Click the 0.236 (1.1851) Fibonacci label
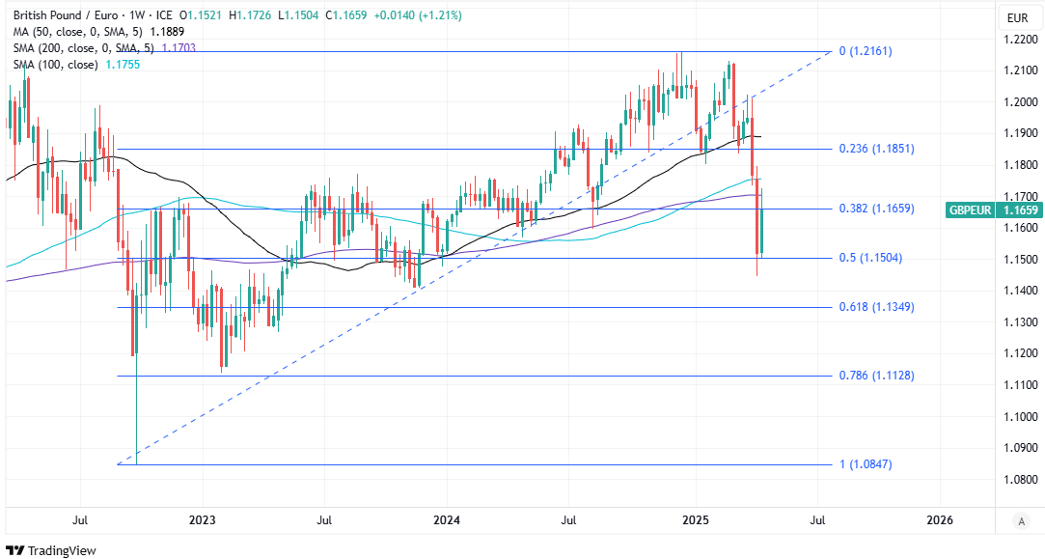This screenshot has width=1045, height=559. click(x=877, y=149)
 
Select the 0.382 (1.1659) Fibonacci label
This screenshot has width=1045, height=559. click(x=877, y=209)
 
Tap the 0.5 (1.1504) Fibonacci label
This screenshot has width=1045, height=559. click(x=870, y=258)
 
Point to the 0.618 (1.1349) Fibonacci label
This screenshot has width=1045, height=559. click(x=877, y=307)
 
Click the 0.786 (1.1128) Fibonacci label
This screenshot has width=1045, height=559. click(x=877, y=376)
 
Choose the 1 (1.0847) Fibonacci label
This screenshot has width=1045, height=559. click(x=866, y=464)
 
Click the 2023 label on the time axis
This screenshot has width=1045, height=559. click(x=203, y=520)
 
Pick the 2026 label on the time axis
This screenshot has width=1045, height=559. click(x=939, y=520)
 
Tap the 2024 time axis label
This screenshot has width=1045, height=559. click(x=448, y=520)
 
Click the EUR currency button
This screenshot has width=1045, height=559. click(x=1017, y=17)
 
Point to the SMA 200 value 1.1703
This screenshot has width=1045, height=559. click(x=179, y=47)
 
